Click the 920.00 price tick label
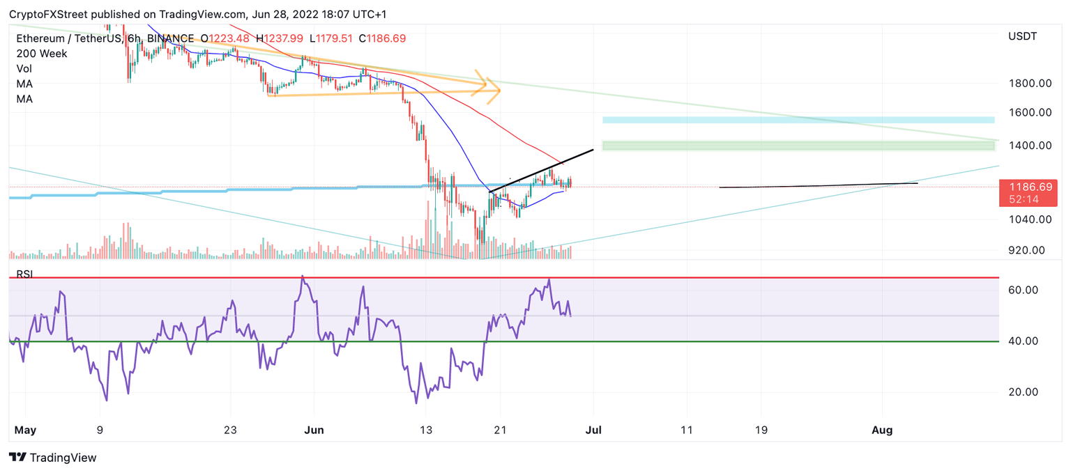point(1026,250)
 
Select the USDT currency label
point(1022,36)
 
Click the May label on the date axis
point(25,431)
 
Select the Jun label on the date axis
point(314,431)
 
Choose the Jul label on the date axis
point(593,431)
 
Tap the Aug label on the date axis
point(882,431)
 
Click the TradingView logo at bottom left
point(53,458)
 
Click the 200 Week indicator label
point(42,54)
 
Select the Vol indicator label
point(24,69)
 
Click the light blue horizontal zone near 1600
point(798,120)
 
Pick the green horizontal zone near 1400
point(798,146)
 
